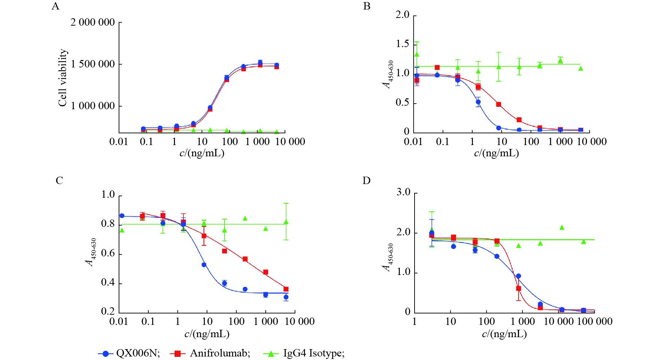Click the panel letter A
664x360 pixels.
tap(56, 6)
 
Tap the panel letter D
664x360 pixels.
tap(366, 180)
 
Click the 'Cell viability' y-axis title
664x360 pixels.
tap(63, 78)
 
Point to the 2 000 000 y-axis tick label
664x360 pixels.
tap(92, 22)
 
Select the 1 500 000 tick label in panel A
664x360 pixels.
tap(92, 64)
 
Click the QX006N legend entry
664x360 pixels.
tap(129, 353)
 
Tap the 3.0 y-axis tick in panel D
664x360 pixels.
tap(403, 192)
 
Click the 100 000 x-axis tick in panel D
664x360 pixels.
tap(595, 321)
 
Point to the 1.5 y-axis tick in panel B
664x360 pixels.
tap(403, 44)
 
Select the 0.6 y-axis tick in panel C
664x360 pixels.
tap(108, 253)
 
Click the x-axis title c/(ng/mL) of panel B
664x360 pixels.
tap(496, 153)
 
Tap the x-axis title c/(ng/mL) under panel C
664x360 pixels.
tap(207, 334)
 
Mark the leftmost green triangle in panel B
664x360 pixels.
tap(417, 54)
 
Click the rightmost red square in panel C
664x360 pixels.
tap(286, 289)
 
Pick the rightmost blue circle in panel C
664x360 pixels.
tap(286, 297)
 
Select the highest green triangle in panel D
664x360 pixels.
tap(562, 228)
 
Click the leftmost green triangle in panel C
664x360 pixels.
tap(122, 230)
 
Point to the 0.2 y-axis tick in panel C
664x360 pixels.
tap(108, 311)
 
